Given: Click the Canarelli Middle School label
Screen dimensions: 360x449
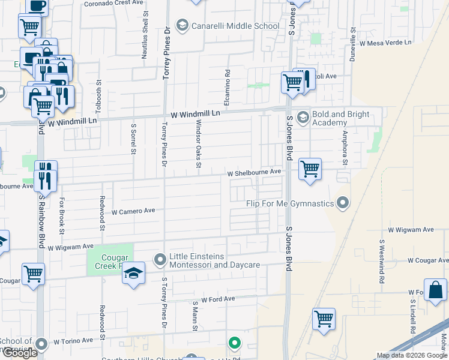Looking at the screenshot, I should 235,26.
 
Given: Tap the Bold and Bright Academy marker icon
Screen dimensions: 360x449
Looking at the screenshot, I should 302,116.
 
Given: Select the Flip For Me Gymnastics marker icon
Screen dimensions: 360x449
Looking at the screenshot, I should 343,203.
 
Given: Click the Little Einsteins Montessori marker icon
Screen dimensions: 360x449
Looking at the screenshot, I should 160,260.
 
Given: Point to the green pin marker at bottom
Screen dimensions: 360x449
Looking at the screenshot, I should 235,344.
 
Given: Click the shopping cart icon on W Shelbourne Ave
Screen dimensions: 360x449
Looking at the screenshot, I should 310,169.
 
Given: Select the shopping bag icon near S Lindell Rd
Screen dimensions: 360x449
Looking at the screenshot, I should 435,290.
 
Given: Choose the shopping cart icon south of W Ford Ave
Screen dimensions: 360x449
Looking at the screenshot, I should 324,319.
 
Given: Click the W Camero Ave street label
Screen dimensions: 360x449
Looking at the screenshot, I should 133,211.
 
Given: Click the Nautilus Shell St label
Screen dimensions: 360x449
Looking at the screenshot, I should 144,41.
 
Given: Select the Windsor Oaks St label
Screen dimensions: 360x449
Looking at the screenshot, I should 197,143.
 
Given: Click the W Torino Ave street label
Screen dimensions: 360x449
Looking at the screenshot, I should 73,341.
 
